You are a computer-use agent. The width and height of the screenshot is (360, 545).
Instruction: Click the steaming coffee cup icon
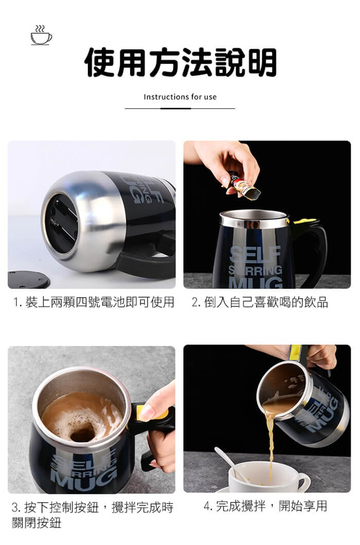coord(41,35)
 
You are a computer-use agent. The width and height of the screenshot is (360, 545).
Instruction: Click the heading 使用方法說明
coord(180,63)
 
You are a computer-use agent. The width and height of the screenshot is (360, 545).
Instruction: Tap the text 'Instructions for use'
coord(180,97)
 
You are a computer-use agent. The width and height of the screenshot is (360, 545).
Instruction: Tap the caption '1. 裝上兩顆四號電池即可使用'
coord(94,302)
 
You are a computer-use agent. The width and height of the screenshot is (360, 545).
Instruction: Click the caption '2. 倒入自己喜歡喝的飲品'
coord(260,302)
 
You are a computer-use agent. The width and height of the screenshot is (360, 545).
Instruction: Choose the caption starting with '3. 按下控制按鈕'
coord(92,515)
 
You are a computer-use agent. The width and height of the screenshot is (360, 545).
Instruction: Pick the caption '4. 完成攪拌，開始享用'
coord(265,506)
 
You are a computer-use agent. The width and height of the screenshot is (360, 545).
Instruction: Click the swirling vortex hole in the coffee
coord(82,434)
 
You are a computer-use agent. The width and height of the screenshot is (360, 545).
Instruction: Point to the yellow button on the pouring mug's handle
coord(295,352)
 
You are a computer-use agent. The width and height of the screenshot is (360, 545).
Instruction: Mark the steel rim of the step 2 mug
coord(255,219)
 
